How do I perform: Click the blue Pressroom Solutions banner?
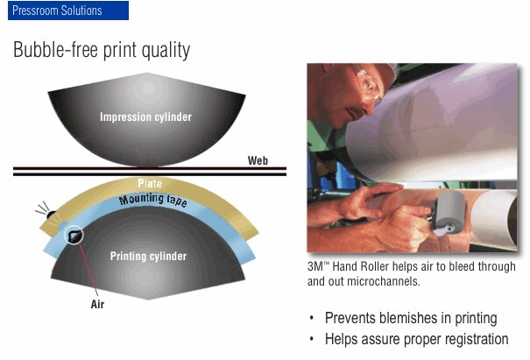(68, 11)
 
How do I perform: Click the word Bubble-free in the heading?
(56, 49)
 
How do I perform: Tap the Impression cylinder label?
(145, 117)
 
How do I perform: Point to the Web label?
(258, 160)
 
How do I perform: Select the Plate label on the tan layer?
(150, 184)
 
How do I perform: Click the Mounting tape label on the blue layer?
(152, 200)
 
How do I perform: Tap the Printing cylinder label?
(148, 256)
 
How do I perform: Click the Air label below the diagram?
(97, 304)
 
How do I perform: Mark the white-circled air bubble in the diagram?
(74, 235)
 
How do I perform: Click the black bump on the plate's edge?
(51, 215)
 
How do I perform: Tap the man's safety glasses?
(369, 83)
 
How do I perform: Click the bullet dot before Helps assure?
(312, 339)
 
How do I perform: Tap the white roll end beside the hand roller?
(494, 219)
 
